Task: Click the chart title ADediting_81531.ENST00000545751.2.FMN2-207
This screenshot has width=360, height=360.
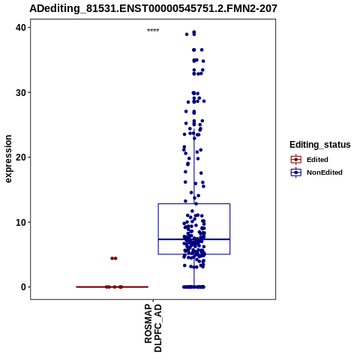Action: click(153, 8)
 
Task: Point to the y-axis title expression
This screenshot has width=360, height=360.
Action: click(8, 159)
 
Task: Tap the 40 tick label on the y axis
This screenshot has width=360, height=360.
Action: click(21, 28)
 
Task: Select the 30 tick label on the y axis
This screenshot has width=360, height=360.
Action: click(21, 92)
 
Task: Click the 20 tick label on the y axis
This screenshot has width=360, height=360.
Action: click(21, 157)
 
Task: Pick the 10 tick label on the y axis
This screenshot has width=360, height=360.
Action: click(21, 222)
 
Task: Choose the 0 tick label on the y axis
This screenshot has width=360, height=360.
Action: click(24, 287)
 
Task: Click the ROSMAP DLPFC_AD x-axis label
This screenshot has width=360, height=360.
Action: click(153, 328)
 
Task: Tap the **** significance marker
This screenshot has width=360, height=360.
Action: click(153, 30)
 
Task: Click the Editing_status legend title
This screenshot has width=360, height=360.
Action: click(320, 145)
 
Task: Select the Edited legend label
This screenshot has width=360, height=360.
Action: click(317, 160)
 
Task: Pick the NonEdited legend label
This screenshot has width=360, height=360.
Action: click(325, 172)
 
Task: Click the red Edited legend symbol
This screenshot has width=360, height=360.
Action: click(296, 160)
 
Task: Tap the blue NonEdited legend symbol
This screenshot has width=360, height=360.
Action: click(296, 172)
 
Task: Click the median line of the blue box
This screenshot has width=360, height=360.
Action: click(194, 239)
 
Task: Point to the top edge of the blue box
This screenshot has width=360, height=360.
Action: click(194, 204)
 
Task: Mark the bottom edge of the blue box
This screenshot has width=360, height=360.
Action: click(194, 254)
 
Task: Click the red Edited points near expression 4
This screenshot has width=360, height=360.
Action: click(114, 258)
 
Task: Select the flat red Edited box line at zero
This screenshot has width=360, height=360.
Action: click(112, 286)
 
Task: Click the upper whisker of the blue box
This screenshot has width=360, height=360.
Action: click(194, 166)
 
